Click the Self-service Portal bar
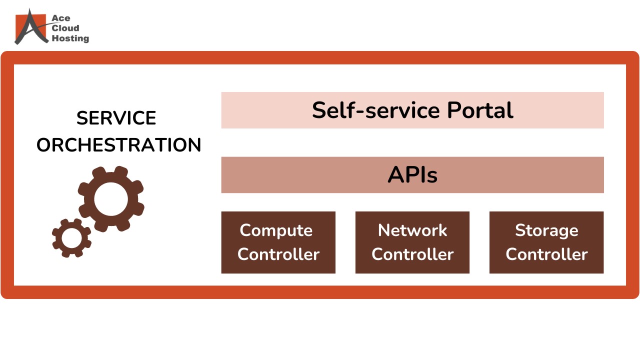point(412,110)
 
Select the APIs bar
point(412,175)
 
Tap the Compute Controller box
point(278,242)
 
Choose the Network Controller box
point(412,242)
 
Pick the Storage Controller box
point(546,242)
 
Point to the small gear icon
point(71,238)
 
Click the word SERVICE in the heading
point(116,118)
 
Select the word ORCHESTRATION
point(119,145)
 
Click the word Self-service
point(376,110)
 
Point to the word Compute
point(276,230)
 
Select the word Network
point(412,230)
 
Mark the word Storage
point(546,230)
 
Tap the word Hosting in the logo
point(70,38)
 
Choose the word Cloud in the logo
point(65,28)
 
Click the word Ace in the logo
point(57,18)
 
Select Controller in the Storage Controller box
point(546,254)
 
